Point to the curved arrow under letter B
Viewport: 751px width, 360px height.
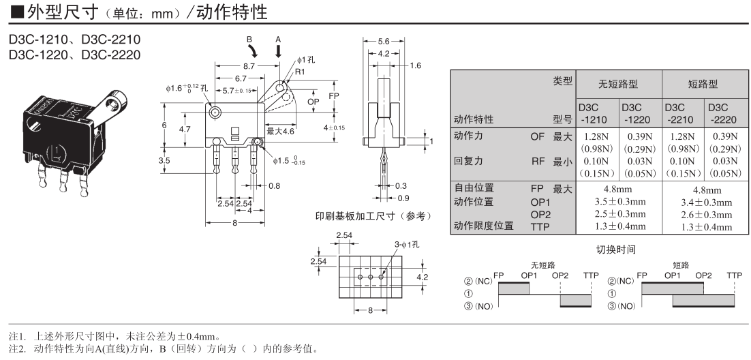[x=254, y=52]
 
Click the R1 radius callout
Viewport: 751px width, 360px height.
[x=300, y=71]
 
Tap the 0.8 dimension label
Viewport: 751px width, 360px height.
[x=274, y=185]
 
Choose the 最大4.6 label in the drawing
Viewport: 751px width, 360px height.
[x=280, y=130]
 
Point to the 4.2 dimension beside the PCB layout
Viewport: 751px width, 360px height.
[x=422, y=277]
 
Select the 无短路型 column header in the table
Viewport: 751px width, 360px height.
[x=618, y=84]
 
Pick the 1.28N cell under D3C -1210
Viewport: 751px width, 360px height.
[x=596, y=136]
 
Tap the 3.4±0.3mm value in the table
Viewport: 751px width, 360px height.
[x=706, y=202]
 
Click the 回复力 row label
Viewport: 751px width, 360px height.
[x=468, y=162]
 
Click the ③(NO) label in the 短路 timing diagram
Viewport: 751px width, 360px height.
[x=621, y=305]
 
